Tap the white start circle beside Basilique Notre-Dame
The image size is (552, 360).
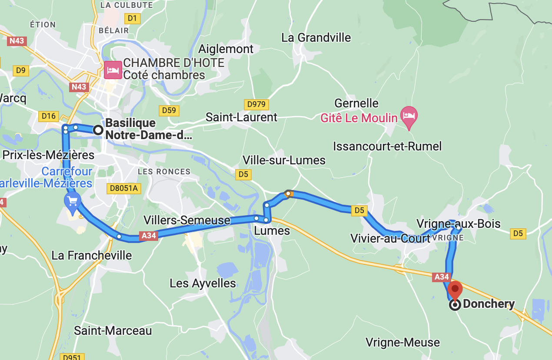tap(98, 130)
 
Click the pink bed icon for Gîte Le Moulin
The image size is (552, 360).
tap(409, 116)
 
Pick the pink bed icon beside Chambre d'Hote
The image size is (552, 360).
tap(113, 70)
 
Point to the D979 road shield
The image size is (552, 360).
tap(256, 104)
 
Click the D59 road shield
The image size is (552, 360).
tap(169, 110)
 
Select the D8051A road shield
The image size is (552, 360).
tap(124, 188)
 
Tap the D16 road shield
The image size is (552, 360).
tap(48, 116)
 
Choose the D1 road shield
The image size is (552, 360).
tap(132, 18)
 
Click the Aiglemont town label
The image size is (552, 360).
tap(226, 49)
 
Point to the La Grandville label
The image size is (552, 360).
tap(316, 37)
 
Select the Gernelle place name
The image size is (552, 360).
tap(356, 103)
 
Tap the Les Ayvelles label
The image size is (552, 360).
tap(203, 283)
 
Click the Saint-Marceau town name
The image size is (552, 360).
tap(113, 330)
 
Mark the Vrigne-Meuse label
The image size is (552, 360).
tap(402, 342)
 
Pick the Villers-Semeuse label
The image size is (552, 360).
tap(187, 220)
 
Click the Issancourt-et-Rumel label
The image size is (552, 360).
tap(387, 146)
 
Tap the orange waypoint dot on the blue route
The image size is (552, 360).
tap(288, 193)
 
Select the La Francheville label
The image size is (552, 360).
tap(92, 255)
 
